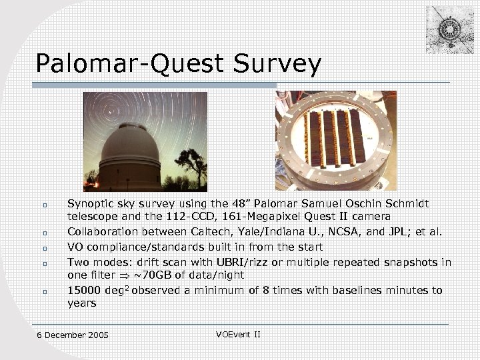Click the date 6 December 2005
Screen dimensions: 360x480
(73, 335)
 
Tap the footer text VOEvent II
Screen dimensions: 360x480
(238, 333)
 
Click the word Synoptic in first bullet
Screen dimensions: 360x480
(89, 203)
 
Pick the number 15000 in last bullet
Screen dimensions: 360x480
(83, 290)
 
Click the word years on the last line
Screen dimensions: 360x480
(81, 303)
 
